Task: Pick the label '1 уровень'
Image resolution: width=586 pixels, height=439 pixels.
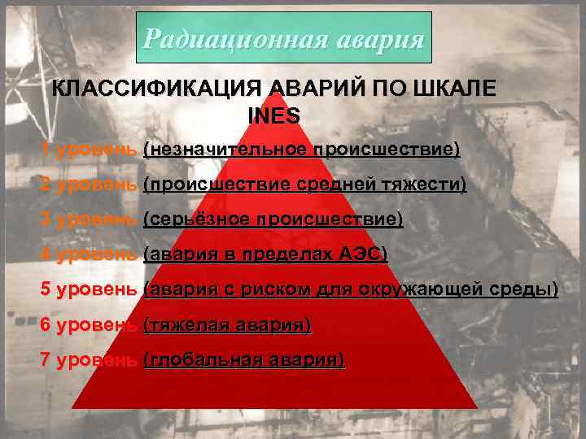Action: coord(89,150)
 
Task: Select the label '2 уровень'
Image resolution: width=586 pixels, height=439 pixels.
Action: coord(89,185)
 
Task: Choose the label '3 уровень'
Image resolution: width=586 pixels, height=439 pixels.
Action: coord(89,219)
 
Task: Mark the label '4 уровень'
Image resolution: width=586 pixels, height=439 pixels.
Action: coord(89,254)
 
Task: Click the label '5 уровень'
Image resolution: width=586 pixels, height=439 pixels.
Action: coord(89,289)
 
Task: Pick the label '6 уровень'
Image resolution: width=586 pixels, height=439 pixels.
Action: coord(89,324)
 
